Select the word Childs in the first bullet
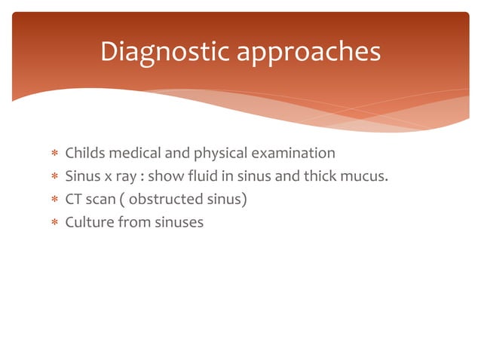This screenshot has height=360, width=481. pos(86,154)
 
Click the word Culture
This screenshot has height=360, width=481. pos(88,222)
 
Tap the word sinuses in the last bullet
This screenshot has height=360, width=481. pos(178,222)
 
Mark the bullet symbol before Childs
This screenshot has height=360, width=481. pos(54,154)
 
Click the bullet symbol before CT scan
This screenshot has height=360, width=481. pos(54,200)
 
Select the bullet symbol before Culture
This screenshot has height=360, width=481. pos(54,223)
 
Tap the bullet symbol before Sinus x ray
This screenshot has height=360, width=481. pos(54,177)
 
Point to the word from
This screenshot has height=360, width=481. pos(133,222)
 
